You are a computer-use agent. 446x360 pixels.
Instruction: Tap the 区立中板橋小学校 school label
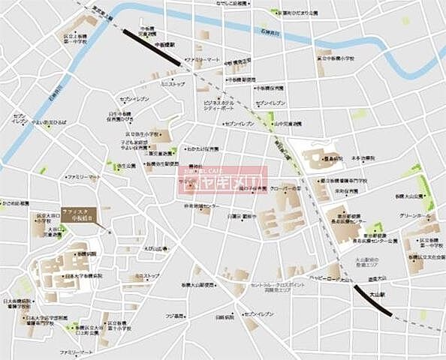click(x=344, y=57)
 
